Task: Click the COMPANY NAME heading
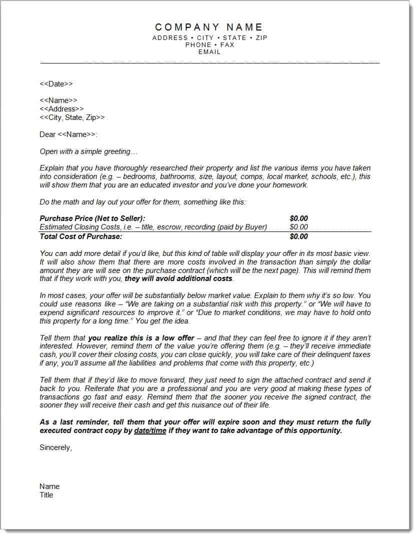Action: [x=208, y=27]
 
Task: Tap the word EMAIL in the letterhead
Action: [x=209, y=51]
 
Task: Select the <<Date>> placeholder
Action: [x=56, y=84]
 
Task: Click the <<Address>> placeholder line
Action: [x=61, y=109]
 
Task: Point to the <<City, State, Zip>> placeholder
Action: [x=72, y=117]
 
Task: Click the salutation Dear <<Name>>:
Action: [x=68, y=134]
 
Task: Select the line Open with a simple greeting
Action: [x=88, y=151]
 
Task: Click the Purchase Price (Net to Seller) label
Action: [x=92, y=218]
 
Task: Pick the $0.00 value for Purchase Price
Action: [x=298, y=218]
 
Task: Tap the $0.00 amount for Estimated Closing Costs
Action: [x=298, y=227]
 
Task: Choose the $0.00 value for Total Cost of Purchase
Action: [x=298, y=236]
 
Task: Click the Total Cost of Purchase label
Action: [x=80, y=236]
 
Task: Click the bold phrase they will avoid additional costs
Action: [x=178, y=278]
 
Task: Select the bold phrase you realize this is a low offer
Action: [x=141, y=338]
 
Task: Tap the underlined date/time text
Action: [x=150, y=430]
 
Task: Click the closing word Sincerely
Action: [x=55, y=447]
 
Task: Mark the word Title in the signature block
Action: [x=46, y=495]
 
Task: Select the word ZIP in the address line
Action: [x=261, y=37]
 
